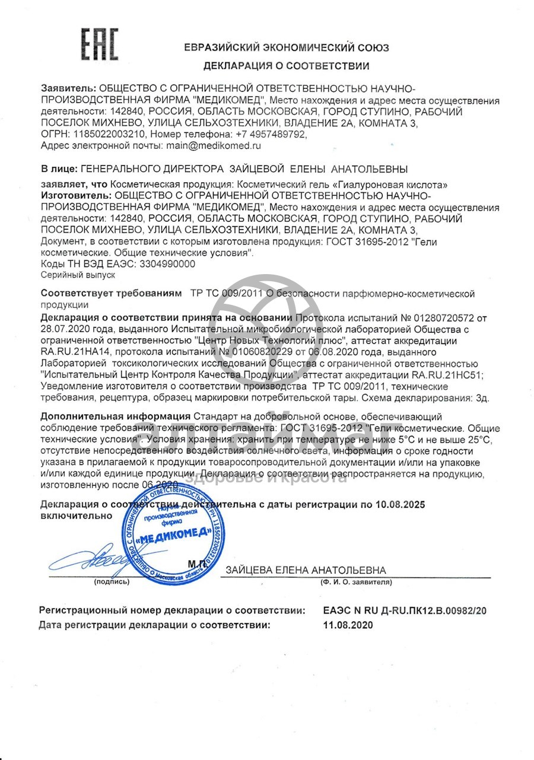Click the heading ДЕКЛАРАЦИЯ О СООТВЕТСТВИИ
[286, 66]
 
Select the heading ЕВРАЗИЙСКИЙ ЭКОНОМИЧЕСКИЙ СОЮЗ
[287, 48]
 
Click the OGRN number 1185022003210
[104, 135]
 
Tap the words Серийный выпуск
[78, 275]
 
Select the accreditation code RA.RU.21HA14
[76, 352]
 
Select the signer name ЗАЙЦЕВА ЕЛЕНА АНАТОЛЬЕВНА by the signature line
[306, 571]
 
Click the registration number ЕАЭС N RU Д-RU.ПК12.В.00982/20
[405, 610]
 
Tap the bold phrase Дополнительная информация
[116, 417]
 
